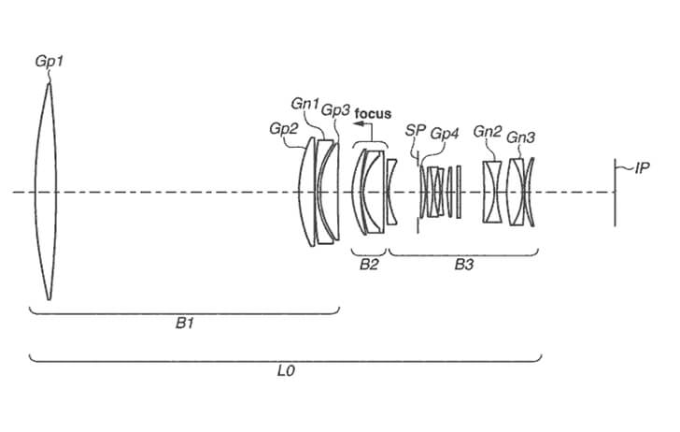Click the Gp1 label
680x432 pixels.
tap(49, 61)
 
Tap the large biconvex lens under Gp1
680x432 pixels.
tap(46, 192)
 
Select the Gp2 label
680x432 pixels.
tap(284, 128)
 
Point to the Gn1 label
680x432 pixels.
tap(305, 104)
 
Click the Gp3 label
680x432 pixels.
tap(335, 110)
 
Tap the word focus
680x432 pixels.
tap(373, 114)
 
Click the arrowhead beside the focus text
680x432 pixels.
tap(358, 123)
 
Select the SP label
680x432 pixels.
tap(415, 130)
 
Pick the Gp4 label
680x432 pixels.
tap(444, 134)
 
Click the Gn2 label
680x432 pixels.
tap(488, 131)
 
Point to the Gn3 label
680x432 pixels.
tap(520, 137)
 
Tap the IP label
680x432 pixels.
tap(642, 168)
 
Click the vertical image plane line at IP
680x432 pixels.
tap(615, 193)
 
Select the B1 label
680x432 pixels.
tap(184, 324)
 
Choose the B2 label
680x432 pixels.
tap(369, 265)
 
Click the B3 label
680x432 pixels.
tap(463, 265)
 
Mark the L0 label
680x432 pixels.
tap(286, 371)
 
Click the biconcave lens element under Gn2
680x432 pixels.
tap(492, 192)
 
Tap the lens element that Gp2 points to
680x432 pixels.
tap(306, 192)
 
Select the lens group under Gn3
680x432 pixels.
tap(521, 192)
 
